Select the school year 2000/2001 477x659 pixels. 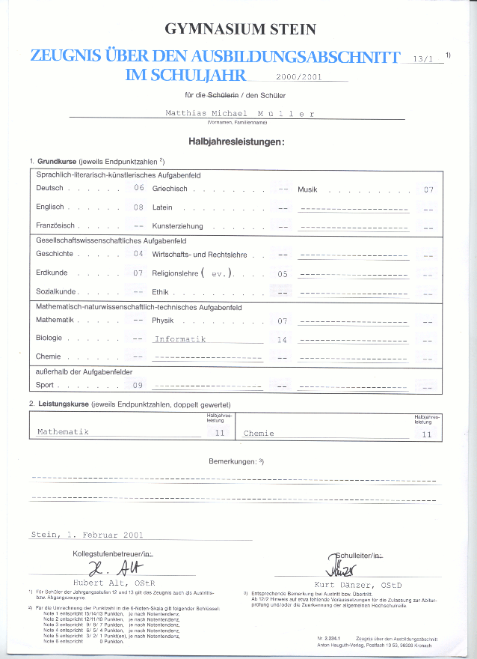click(299, 76)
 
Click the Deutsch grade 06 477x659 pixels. click(138, 189)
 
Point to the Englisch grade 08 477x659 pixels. click(138, 207)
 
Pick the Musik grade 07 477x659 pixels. click(428, 190)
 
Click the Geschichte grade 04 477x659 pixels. click(138, 255)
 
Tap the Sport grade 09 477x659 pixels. click(138, 386)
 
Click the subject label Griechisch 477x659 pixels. click(170, 189)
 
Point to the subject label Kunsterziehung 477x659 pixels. click(176, 226)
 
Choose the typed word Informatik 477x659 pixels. click(180, 339)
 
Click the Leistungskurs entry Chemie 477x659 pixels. click(259, 434)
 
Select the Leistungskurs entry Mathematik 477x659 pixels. click(63, 432)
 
